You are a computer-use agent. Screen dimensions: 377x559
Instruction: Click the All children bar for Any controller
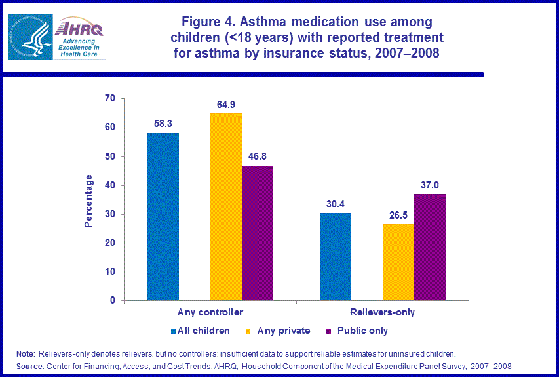coord(163,217)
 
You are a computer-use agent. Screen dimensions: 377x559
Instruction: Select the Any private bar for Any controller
coord(226,207)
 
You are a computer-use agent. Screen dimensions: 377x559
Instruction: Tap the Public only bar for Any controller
coord(258,233)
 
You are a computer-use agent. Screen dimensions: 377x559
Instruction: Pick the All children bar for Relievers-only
coord(336,257)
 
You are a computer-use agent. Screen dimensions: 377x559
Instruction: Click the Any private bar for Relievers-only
coord(398,262)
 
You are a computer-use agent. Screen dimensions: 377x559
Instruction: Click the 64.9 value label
coord(226,104)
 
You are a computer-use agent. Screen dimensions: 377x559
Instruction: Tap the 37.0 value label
coord(430,185)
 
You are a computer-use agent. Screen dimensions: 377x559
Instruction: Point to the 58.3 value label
coord(163,123)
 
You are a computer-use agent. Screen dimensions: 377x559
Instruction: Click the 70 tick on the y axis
coord(109,99)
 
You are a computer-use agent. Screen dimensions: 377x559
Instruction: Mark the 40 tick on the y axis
coord(109,185)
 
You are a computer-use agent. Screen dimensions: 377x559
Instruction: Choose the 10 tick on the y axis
coord(109,272)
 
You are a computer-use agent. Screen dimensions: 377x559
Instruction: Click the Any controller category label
coord(210,312)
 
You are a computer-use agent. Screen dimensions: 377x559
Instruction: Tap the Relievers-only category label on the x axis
coord(383,312)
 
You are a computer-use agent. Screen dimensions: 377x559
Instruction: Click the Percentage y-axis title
coord(89,201)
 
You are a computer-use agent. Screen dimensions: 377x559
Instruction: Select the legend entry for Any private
coord(283,331)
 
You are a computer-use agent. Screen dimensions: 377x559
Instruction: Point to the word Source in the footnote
coord(30,366)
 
